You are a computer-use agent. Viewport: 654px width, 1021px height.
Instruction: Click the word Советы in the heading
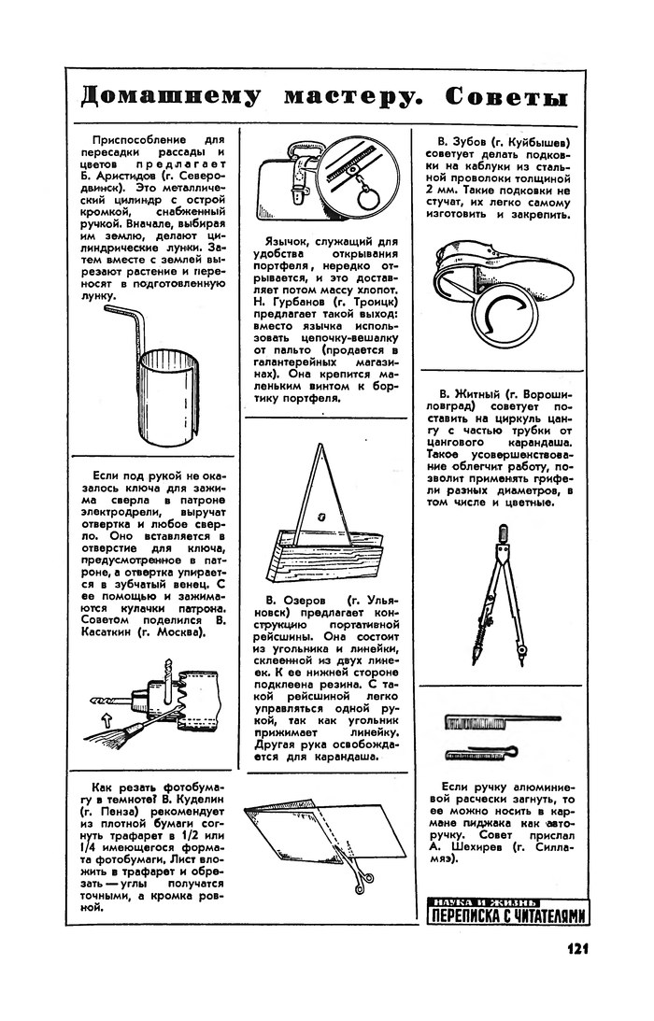click(x=506, y=97)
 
